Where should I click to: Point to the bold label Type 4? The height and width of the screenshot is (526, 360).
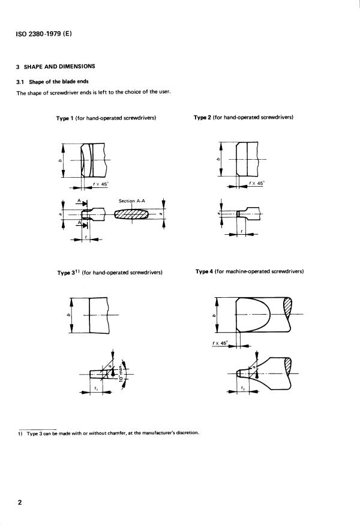205,271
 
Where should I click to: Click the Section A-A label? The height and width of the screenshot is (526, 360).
132,201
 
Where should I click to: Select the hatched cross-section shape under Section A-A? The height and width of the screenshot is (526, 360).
132,214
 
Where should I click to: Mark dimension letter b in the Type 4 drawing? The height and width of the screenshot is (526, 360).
214,315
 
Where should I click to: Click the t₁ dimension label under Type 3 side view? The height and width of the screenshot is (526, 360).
96,388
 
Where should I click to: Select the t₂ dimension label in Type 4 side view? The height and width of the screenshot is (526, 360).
242,388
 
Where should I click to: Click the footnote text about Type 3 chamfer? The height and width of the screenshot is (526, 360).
108,433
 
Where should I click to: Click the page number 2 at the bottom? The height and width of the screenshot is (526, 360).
20,503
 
